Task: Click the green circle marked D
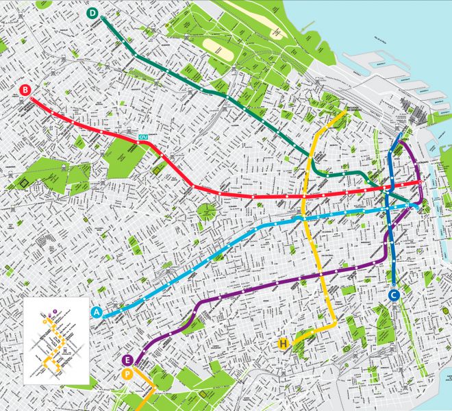[92, 13]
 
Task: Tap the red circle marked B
[25, 90]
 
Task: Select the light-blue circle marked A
[97, 312]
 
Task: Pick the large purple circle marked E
[127, 360]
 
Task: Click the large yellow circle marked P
[127, 374]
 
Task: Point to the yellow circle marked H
[283, 343]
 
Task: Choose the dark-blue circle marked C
[394, 295]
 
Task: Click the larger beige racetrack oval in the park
[218, 47]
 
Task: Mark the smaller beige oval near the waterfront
[277, 32]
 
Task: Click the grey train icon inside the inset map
[64, 351]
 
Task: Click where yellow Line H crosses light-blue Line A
[301, 218]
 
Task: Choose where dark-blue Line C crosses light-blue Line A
[388, 208]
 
